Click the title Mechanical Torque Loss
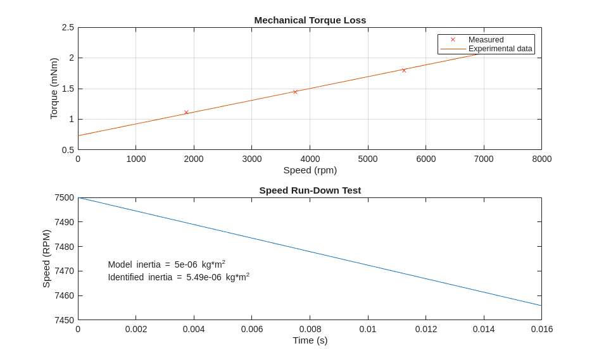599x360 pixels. click(310, 20)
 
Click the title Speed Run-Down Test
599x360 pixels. click(310, 190)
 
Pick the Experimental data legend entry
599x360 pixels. click(500, 49)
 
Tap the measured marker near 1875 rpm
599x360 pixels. click(186, 112)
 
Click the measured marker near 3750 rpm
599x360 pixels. click(295, 92)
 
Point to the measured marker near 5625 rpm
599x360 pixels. click(404, 70)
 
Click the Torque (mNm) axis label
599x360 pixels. click(54, 89)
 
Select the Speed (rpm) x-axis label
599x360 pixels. click(310, 170)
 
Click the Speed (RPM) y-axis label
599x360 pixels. click(46, 259)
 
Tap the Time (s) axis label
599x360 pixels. click(310, 340)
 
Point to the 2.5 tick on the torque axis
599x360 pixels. click(68, 27)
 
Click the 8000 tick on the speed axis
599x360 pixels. click(541, 159)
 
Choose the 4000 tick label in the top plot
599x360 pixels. click(310, 159)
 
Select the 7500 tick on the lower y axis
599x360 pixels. click(64, 197)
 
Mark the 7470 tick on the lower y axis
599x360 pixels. click(64, 271)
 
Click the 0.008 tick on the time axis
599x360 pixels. click(310, 329)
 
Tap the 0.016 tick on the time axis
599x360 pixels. click(541, 329)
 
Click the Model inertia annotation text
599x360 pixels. click(167, 264)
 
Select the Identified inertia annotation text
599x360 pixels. click(178, 277)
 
